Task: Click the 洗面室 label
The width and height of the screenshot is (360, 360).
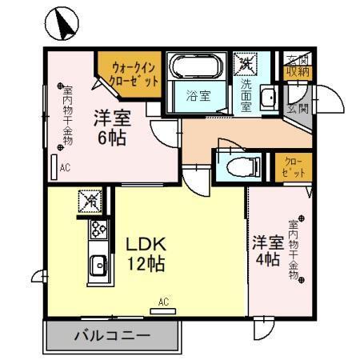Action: [x=246, y=93]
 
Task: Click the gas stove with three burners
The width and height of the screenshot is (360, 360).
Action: [x=98, y=230]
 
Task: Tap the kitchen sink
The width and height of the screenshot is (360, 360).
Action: [x=98, y=265]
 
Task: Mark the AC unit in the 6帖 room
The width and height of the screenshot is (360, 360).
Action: [x=54, y=168]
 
